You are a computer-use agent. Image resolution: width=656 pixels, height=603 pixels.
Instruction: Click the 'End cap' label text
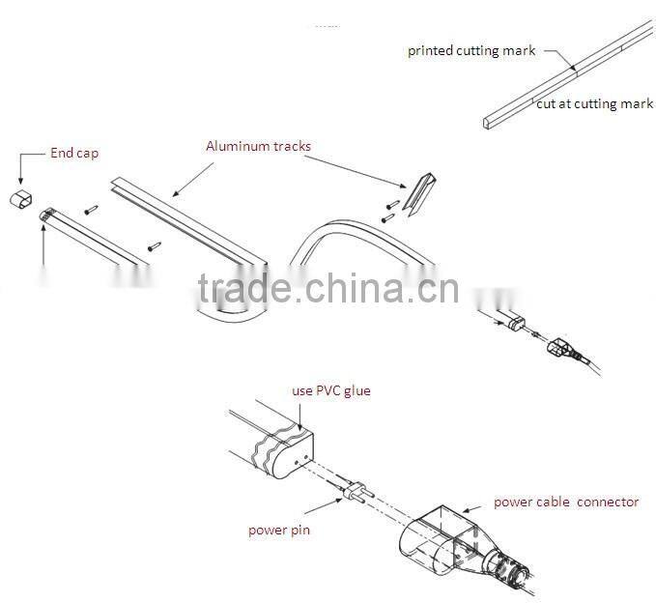tap(74, 153)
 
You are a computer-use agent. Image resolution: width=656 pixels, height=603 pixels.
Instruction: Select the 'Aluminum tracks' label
tap(258, 146)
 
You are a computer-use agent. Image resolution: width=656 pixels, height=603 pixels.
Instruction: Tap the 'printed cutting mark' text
tap(471, 51)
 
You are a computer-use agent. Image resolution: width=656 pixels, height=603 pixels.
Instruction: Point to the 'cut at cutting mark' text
tap(594, 103)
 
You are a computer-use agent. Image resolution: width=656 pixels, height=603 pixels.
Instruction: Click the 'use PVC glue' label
tap(331, 390)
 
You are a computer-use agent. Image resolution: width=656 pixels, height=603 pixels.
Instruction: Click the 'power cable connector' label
tap(566, 502)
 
